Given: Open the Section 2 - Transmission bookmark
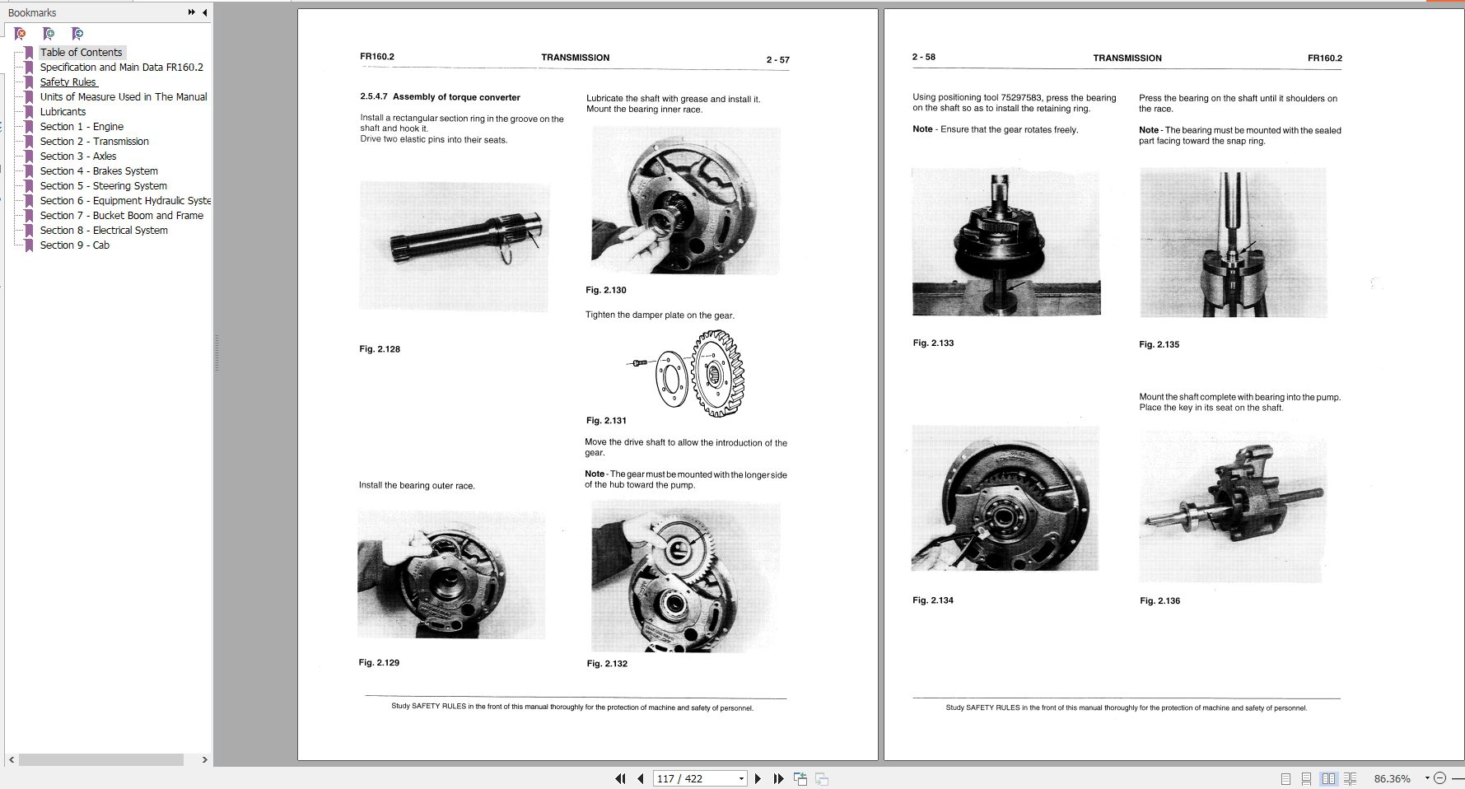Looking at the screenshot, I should (94, 142).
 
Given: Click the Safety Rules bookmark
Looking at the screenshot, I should (68, 82).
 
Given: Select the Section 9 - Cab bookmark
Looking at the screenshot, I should (74, 245).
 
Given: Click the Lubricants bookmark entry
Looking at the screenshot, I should (63, 112).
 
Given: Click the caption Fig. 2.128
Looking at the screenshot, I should (380, 349).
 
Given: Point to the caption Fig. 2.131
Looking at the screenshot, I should (606, 421).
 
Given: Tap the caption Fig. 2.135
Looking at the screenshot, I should (1159, 345).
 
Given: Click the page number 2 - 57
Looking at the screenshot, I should (777, 60).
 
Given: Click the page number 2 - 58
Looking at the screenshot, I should (923, 58).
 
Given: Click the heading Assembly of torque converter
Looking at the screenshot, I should (456, 97).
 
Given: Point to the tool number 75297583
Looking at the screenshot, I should (1021, 98).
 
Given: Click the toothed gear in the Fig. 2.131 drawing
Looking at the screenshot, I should (717, 374).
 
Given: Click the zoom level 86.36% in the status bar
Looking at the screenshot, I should (1392, 778).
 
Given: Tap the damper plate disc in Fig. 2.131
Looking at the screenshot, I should (671, 378).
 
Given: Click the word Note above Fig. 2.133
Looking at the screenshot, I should (922, 129).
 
